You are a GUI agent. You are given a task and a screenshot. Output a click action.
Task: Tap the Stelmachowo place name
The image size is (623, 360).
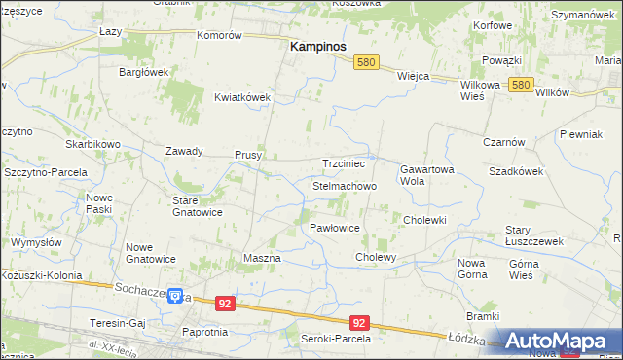pos(345,185)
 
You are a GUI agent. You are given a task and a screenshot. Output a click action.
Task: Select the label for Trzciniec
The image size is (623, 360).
pos(343,163)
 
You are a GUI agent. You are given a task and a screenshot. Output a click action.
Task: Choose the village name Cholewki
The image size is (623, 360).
pos(424,220)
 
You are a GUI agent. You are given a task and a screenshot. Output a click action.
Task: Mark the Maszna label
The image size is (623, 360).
pos(261,258)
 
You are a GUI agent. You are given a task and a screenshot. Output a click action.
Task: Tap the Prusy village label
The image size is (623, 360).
pos(247,154)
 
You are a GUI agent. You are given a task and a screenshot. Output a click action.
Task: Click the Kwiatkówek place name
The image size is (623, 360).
pos(241,97)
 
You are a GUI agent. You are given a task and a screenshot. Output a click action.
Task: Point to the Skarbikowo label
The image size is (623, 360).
pos(92,144)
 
